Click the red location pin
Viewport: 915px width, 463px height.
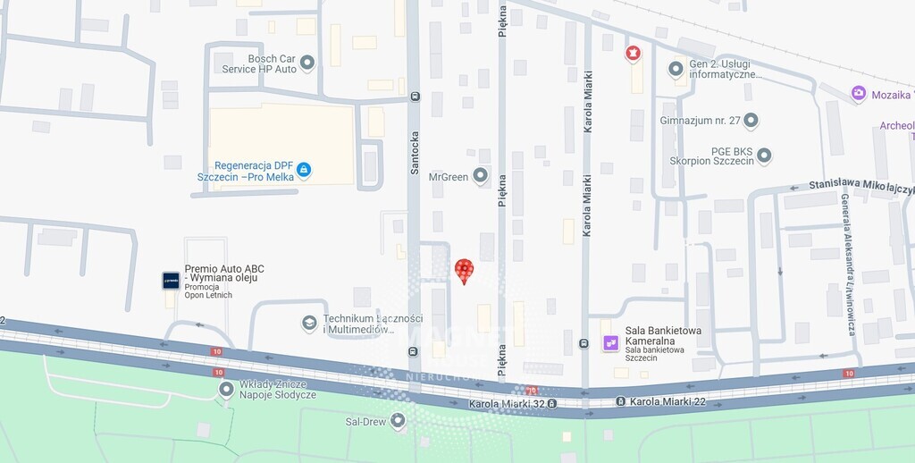pyautogui.click(x=464, y=270)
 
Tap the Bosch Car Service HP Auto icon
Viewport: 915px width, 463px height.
pyautogui.click(x=307, y=63)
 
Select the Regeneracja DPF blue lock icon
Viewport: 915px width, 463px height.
pyautogui.click(x=304, y=169)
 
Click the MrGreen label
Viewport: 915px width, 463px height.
pyautogui.click(x=449, y=177)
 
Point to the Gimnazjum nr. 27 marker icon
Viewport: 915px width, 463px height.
pyautogui.click(x=751, y=120)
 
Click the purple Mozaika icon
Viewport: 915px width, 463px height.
pyautogui.click(x=859, y=93)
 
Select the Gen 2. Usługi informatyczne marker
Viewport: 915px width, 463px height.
pyautogui.click(x=676, y=68)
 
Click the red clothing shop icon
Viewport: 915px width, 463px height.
pyautogui.click(x=633, y=54)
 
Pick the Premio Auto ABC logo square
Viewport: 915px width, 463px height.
pyautogui.click(x=171, y=281)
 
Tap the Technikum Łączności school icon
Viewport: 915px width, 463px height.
pyautogui.click(x=309, y=323)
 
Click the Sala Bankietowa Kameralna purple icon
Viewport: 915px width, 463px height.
pyautogui.click(x=611, y=342)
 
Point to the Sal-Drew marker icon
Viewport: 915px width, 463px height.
pyautogui.click(x=398, y=420)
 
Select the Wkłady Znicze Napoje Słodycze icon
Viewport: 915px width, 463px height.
pyautogui.click(x=226, y=389)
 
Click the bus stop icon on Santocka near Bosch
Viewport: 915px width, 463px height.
pyautogui.click(x=414, y=97)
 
